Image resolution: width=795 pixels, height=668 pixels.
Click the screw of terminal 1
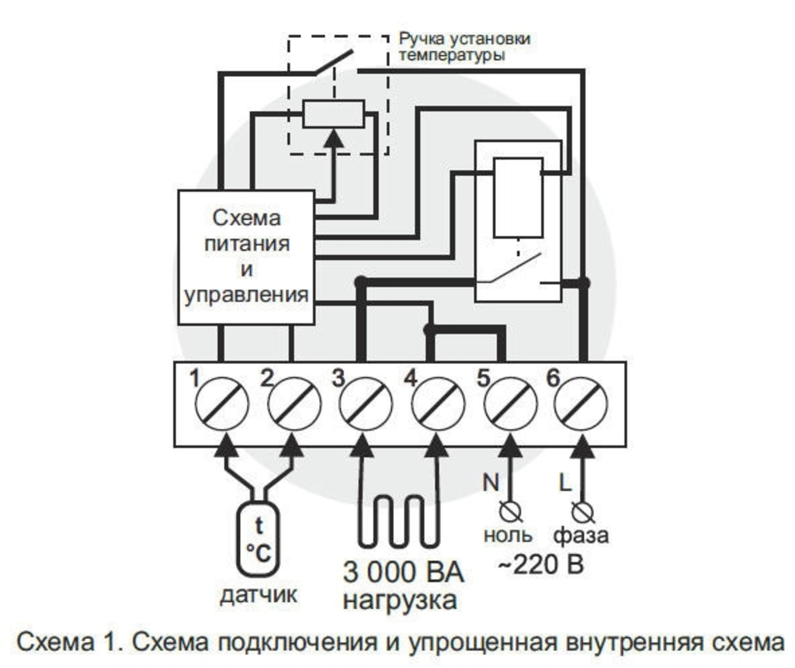coord(223,403)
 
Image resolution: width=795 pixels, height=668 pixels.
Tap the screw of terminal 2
coord(294,403)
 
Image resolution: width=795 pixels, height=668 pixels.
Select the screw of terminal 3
coord(366,403)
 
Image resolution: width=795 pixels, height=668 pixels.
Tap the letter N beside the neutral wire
coord(490,483)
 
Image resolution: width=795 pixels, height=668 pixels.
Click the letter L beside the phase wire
coord(566,483)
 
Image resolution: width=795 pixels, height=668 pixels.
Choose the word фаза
coord(581,535)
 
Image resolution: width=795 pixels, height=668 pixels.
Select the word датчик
coord(258,596)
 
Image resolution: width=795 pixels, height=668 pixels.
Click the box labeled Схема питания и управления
coord(246,257)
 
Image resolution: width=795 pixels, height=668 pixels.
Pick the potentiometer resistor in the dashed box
coord(333,115)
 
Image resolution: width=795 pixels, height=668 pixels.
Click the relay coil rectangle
coord(518,197)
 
